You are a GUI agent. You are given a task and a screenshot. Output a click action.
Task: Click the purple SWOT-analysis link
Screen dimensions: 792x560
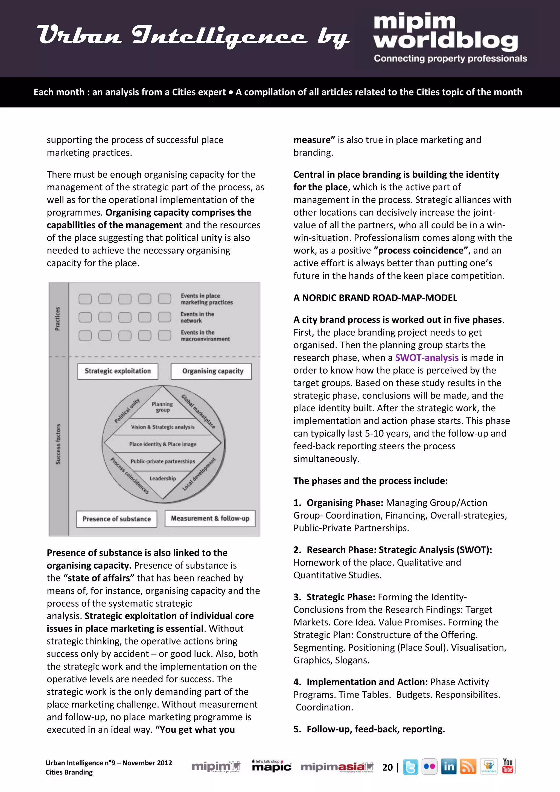(x=427, y=358)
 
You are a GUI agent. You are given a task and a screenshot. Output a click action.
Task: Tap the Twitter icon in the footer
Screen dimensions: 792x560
(x=410, y=767)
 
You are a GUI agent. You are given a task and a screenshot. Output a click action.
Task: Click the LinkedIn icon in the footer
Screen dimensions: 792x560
(x=449, y=767)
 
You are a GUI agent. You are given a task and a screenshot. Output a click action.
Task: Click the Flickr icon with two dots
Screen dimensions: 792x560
(x=429, y=767)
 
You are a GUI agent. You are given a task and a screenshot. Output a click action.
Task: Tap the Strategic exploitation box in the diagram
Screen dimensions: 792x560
(x=118, y=371)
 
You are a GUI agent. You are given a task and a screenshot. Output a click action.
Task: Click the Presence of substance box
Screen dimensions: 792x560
(x=116, y=519)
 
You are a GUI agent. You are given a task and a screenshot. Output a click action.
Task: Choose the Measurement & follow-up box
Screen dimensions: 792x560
(x=210, y=519)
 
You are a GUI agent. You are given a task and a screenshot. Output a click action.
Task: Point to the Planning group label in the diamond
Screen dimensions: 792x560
(x=162, y=407)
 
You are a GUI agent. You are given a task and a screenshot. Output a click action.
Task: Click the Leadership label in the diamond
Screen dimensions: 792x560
(x=162, y=478)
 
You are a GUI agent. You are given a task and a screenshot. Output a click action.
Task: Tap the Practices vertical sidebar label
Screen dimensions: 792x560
(x=58, y=318)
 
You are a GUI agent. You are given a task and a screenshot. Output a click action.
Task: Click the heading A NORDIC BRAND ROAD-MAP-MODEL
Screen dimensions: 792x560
(x=375, y=298)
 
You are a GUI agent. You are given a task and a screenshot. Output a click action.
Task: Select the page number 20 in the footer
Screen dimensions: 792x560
(x=387, y=767)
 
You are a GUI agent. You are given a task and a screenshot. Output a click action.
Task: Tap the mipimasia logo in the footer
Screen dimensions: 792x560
(x=337, y=767)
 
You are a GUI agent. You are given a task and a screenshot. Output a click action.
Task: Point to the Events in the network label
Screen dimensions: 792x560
(x=197, y=317)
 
